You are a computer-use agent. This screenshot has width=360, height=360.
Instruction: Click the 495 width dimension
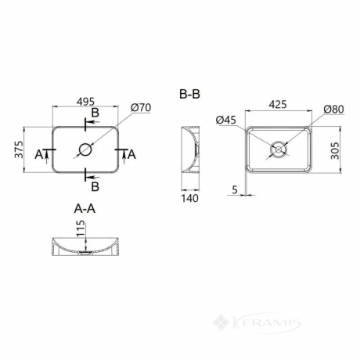[85, 102]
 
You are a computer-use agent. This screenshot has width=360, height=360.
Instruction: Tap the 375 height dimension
[19, 149]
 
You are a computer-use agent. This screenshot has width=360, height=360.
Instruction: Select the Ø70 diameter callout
[141, 107]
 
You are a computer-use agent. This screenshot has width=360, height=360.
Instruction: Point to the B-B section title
[189, 94]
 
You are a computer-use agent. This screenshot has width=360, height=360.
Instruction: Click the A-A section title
[85, 208]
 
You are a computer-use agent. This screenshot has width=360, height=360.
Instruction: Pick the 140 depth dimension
[189, 199]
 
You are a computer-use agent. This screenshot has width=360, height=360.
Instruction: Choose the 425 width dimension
[278, 104]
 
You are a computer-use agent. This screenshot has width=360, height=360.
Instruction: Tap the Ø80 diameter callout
[333, 110]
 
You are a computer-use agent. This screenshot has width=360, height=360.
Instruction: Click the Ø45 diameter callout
[226, 120]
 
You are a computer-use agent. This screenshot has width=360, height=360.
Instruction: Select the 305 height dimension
[335, 150]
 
